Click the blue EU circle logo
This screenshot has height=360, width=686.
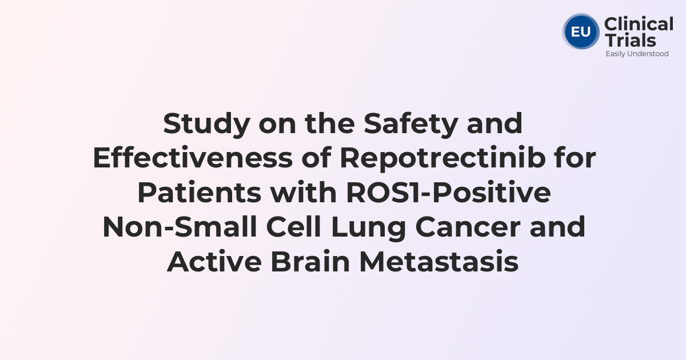(581, 31)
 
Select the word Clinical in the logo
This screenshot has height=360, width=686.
(639, 25)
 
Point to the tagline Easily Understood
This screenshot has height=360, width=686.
(637, 54)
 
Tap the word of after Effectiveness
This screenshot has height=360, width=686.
(317, 159)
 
